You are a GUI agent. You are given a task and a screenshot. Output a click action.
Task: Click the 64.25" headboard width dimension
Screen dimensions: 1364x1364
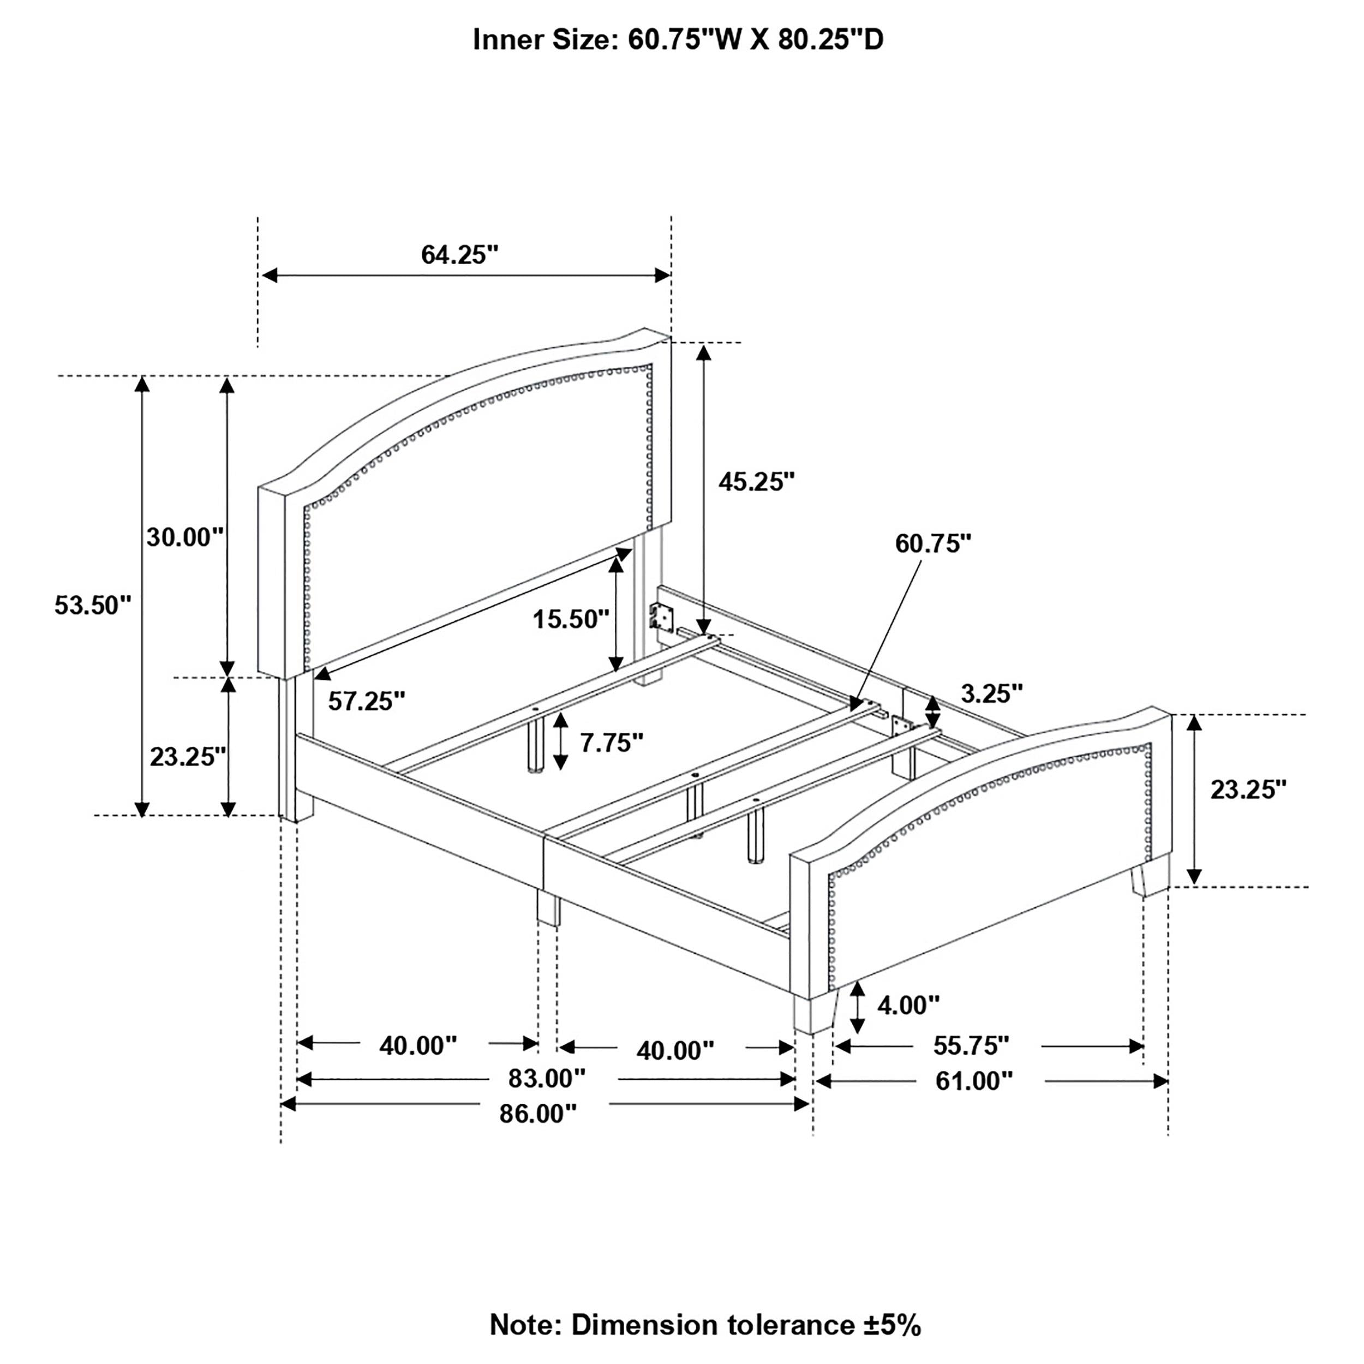(x=459, y=254)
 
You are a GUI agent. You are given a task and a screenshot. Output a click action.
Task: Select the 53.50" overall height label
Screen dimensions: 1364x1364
(x=93, y=605)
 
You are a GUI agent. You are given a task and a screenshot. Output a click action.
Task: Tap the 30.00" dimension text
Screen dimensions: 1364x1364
(x=185, y=537)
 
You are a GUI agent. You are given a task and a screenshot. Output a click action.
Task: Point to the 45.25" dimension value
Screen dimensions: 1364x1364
(x=757, y=482)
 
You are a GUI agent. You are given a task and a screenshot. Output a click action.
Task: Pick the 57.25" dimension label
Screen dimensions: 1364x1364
(x=367, y=701)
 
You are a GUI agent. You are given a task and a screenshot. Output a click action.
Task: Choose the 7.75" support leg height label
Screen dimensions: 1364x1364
(x=612, y=742)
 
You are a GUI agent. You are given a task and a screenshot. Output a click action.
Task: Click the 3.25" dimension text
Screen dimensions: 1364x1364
(x=992, y=693)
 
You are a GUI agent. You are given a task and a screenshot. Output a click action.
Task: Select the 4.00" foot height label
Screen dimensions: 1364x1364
(x=908, y=1004)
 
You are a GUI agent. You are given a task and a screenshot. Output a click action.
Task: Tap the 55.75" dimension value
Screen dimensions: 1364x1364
(x=971, y=1045)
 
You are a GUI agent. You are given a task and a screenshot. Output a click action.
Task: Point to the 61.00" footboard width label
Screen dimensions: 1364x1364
(x=973, y=1081)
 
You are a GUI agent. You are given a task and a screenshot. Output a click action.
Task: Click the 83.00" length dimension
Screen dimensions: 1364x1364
(x=547, y=1079)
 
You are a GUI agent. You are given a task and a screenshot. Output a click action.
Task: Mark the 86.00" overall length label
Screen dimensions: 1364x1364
(x=538, y=1114)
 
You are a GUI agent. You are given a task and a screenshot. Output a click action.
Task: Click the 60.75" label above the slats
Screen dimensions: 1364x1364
(x=932, y=543)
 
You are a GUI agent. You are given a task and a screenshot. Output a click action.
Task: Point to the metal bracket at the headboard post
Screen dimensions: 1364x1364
(x=661, y=615)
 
